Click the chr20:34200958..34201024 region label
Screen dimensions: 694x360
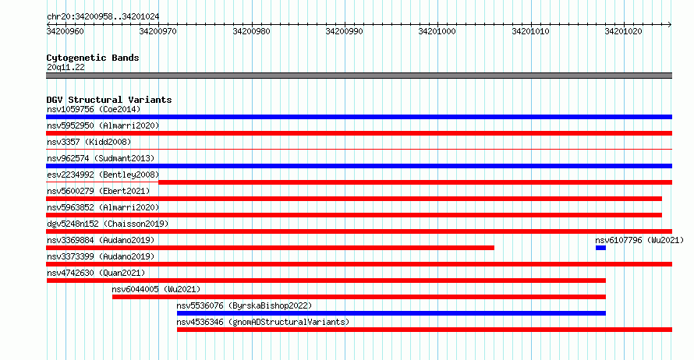(x=103, y=16)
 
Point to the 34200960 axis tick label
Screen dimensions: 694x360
(x=65, y=31)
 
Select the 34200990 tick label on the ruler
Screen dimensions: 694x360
(x=344, y=31)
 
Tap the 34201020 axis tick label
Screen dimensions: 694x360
(x=623, y=31)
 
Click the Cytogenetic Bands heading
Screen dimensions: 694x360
(x=93, y=58)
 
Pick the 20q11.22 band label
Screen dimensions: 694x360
(x=66, y=67)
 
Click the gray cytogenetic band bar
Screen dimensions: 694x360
(x=359, y=76)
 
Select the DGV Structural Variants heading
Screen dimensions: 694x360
(x=109, y=100)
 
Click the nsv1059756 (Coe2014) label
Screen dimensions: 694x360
(x=94, y=109)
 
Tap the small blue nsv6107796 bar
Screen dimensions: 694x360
(x=600, y=248)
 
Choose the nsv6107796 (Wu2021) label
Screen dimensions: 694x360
(x=639, y=240)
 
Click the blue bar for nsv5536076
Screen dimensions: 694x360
(x=391, y=313)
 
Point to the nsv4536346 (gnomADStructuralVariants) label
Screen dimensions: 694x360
(x=263, y=322)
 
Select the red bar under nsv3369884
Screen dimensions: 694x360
(x=270, y=248)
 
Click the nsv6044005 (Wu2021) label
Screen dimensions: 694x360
(x=156, y=289)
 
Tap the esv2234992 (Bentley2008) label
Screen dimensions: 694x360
(x=103, y=175)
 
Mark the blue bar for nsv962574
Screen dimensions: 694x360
(x=359, y=166)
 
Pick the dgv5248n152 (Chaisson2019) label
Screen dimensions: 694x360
(x=108, y=224)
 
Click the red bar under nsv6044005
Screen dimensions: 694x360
(x=359, y=297)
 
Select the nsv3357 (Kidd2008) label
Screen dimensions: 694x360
(x=89, y=142)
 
